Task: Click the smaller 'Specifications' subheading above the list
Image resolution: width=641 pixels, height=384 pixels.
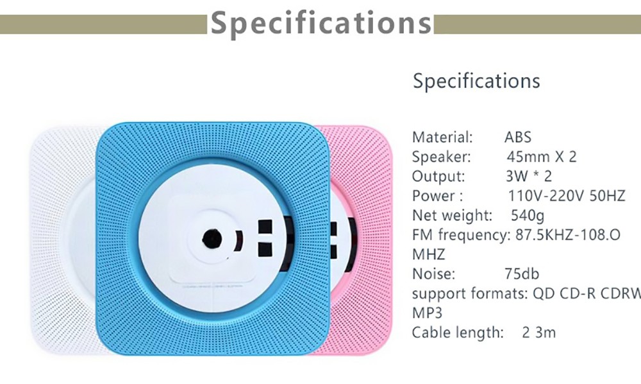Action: tap(476, 82)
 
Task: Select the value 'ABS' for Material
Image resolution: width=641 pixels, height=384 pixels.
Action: tap(518, 137)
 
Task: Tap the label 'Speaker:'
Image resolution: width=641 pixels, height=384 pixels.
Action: tap(442, 157)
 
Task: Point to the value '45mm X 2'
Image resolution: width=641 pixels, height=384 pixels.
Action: tap(541, 157)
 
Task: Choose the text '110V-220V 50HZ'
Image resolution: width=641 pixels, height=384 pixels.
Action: tap(566, 196)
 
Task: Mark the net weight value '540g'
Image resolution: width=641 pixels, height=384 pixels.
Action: tap(528, 215)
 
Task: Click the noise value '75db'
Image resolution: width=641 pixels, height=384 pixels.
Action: tap(522, 274)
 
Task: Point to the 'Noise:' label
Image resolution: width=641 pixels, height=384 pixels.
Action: tap(434, 274)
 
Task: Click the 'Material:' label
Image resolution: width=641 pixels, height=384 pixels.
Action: tap(442, 137)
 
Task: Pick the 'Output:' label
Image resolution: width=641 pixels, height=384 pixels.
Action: tap(439, 177)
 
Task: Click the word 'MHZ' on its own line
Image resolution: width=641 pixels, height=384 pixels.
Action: tap(428, 254)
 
